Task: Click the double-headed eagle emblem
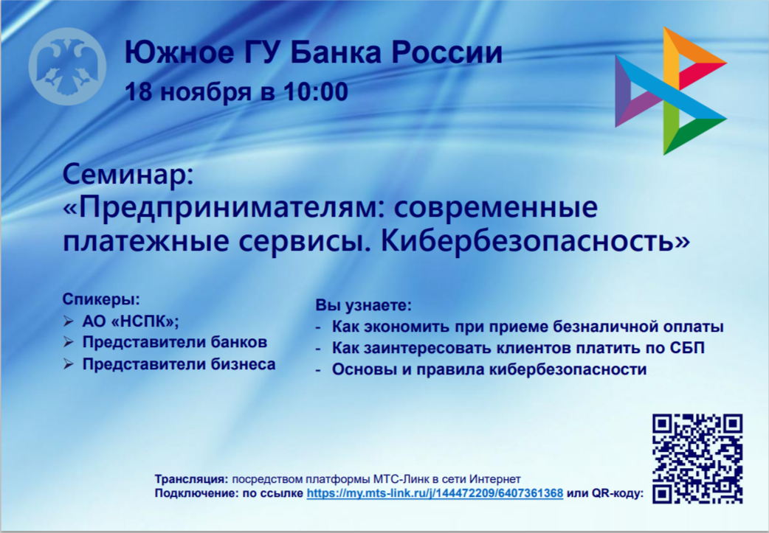(67, 66)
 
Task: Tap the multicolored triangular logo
(670, 91)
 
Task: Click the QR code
(697, 459)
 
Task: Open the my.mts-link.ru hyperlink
(435, 493)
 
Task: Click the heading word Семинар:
(128, 174)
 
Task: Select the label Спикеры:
(101, 299)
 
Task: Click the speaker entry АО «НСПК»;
(131, 321)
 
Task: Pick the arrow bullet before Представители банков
(68, 342)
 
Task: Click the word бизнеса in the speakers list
(244, 364)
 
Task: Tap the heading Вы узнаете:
(363, 305)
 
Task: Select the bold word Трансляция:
(192, 479)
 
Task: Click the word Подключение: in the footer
(197, 493)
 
